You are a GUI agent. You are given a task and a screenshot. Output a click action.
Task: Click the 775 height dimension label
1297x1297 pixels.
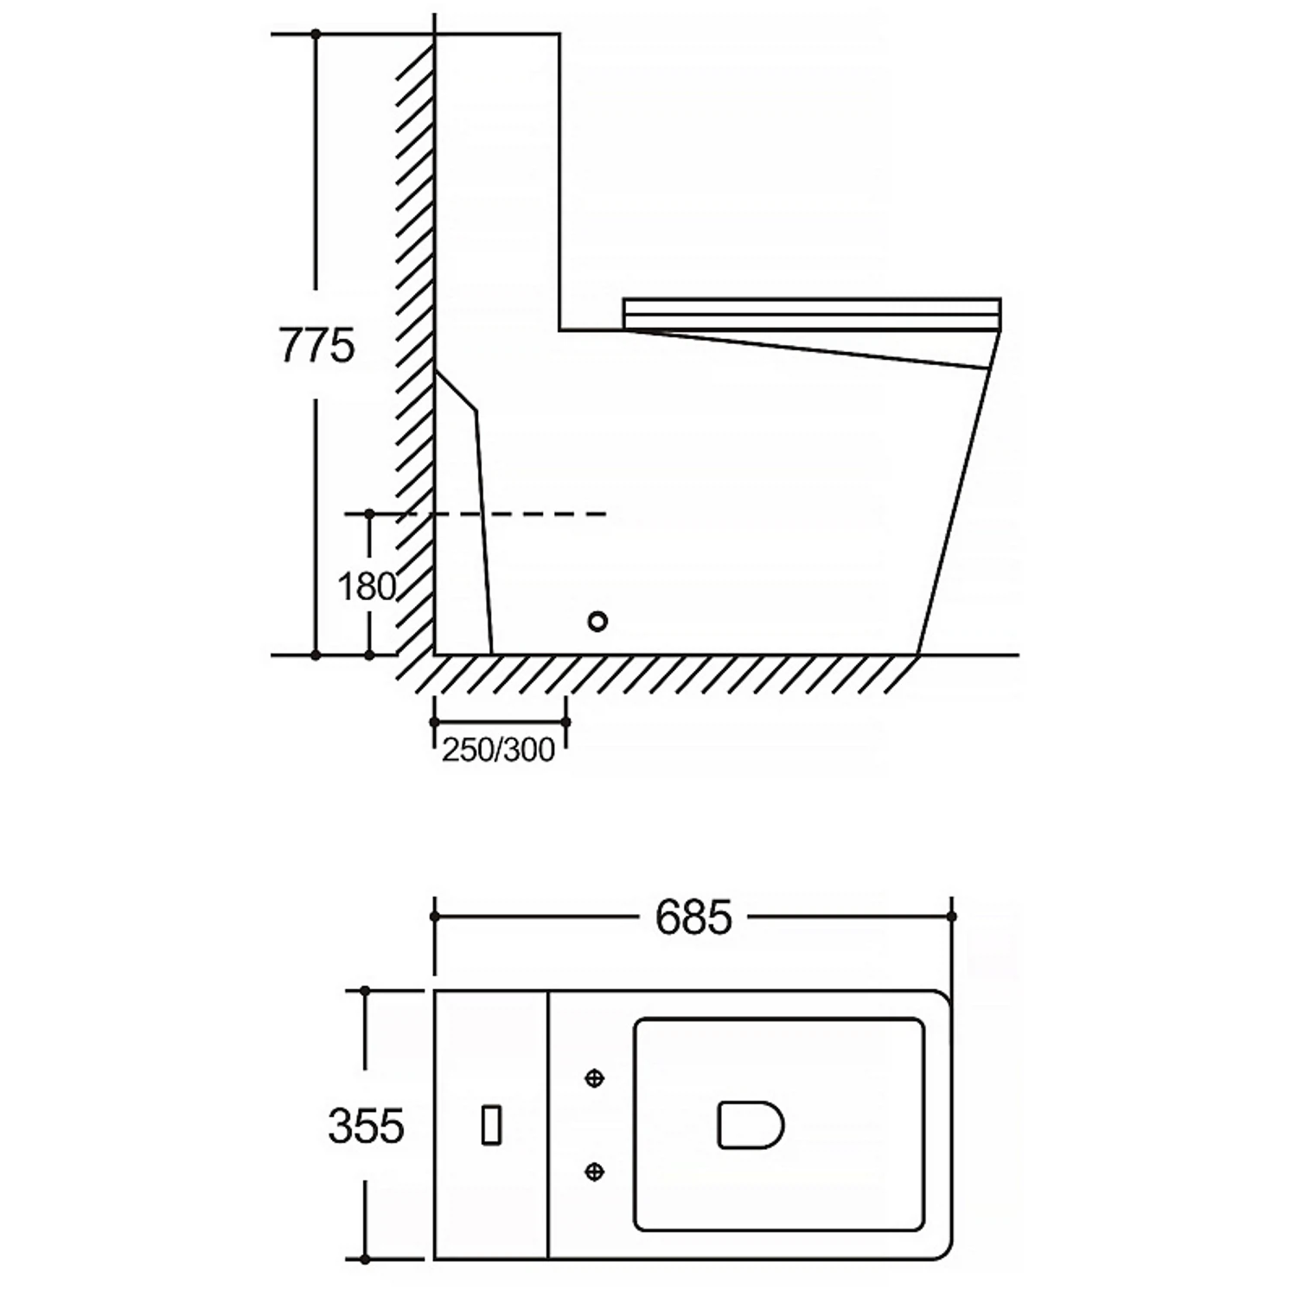click(x=316, y=346)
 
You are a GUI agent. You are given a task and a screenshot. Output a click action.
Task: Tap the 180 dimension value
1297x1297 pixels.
click(x=367, y=587)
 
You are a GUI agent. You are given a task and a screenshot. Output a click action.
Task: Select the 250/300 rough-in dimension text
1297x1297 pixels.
click(x=498, y=750)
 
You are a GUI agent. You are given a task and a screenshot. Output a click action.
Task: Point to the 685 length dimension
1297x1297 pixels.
click(x=693, y=917)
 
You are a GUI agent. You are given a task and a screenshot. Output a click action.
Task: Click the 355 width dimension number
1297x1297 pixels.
click(x=366, y=1126)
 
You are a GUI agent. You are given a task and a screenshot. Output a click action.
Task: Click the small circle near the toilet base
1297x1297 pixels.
click(x=597, y=621)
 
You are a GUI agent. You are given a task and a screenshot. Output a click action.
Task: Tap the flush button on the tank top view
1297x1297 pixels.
click(x=491, y=1125)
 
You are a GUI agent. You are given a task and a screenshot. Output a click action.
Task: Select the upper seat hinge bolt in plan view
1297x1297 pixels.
click(x=594, y=1078)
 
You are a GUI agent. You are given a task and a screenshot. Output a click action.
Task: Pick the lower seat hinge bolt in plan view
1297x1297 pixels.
click(x=594, y=1172)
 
